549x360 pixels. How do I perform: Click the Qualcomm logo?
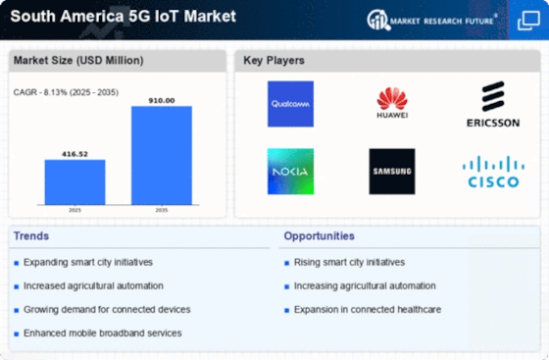(290, 104)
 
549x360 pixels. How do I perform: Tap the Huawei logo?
(392, 103)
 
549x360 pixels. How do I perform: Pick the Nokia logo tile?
(290, 171)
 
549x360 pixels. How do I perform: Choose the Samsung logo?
(392, 171)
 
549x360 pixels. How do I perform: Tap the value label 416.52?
(75, 153)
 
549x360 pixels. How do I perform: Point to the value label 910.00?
(161, 99)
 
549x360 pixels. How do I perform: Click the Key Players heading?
(274, 61)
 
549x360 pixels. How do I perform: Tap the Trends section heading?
(32, 236)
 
